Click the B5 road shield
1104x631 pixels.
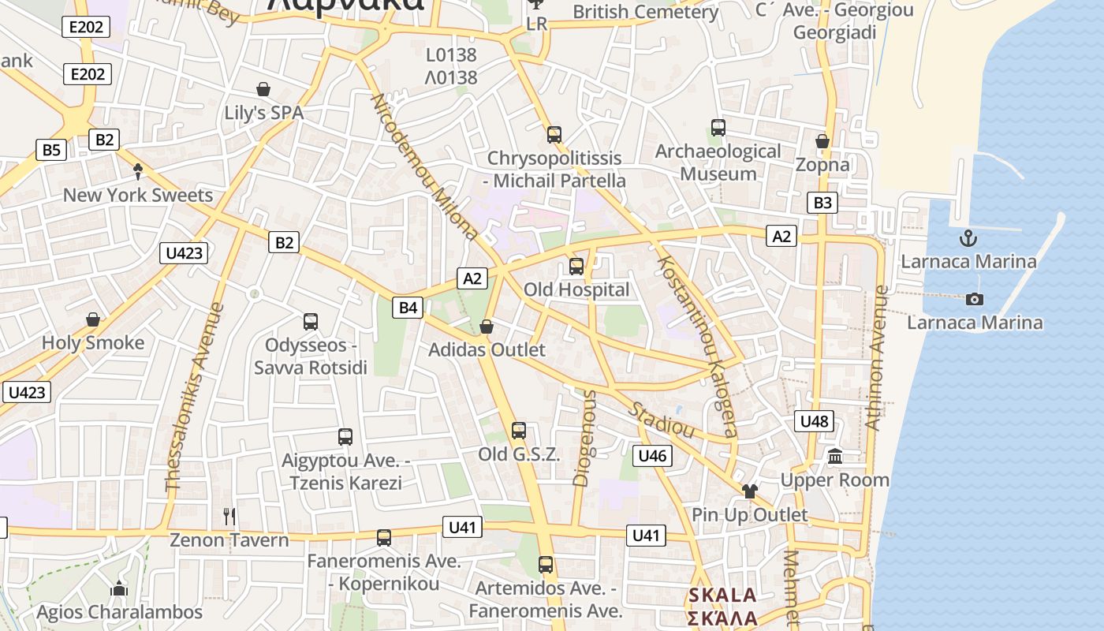tap(51, 150)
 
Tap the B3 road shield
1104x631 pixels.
tap(822, 203)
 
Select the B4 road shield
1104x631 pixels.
tap(408, 307)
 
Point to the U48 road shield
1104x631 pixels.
tap(814, 421)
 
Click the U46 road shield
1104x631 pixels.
tap(652, 455)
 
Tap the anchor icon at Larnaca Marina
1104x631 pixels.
tap(968, 238)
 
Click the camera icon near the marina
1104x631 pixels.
tap(975, 299)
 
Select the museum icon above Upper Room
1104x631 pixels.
tap(835, 456)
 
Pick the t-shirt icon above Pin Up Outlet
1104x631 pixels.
tap(749, 491)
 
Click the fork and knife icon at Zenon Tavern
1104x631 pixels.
tap(229, 517)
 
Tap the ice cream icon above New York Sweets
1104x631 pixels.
tap(139, 171)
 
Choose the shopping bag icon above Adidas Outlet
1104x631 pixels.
tap(487, 327)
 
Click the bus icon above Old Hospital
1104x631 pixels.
tap(576, 267)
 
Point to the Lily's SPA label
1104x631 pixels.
tap(263, 113)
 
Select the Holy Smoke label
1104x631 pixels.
tap(93, 342)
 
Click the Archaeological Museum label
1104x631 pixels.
tap(718, 162)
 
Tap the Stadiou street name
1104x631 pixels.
tap(662, 420)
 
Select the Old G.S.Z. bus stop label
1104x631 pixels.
tap(519, 454)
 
